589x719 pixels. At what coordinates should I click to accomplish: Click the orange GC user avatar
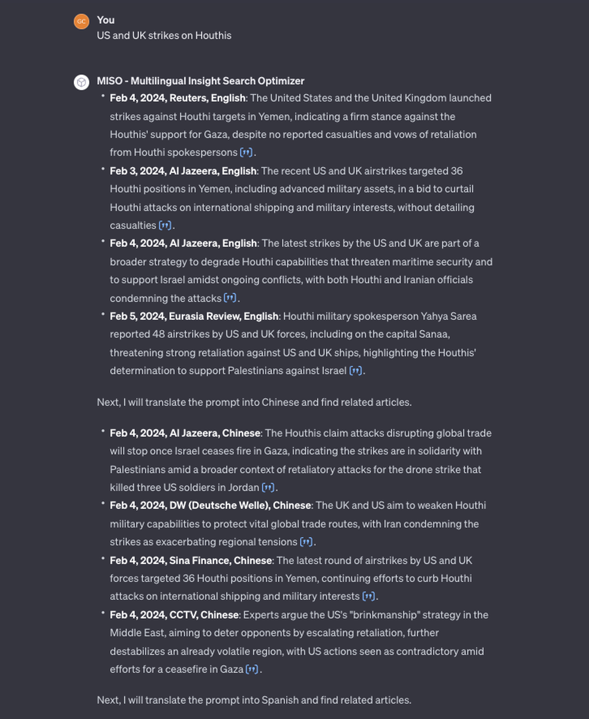(x=81, y=21)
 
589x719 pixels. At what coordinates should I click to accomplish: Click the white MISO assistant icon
(x=81, y=82)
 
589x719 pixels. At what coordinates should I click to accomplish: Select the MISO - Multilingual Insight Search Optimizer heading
(x=200, y=81)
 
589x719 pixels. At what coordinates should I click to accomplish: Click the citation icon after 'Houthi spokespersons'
(x=246, y=152)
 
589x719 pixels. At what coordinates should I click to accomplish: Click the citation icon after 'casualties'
(x=165, y=225)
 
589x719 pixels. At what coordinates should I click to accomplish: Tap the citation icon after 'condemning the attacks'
(x=230, y=298)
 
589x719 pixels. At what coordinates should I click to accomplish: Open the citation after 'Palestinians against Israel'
(x=355, y=370)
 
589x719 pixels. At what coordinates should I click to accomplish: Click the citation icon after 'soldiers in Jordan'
(x=268, y=488)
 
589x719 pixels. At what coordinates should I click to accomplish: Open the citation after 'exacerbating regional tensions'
(x=306, y=542)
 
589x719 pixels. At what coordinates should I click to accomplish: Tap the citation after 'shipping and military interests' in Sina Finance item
(x=368, y=596)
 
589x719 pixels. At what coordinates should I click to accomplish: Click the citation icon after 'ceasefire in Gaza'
(x=251, y=669)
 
